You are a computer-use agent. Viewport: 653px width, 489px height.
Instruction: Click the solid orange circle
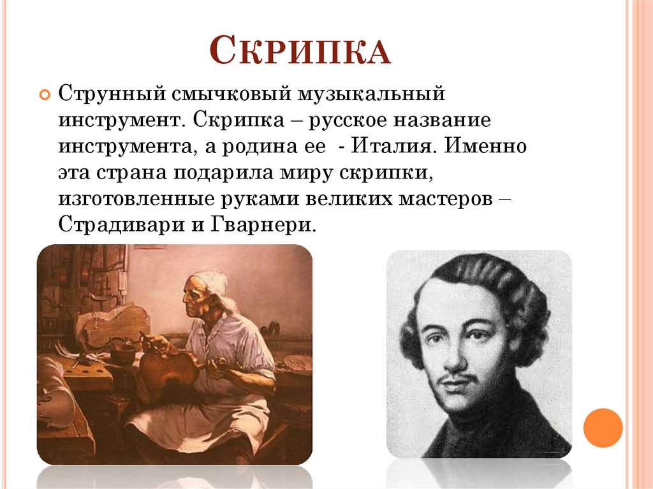pos(602,427)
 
